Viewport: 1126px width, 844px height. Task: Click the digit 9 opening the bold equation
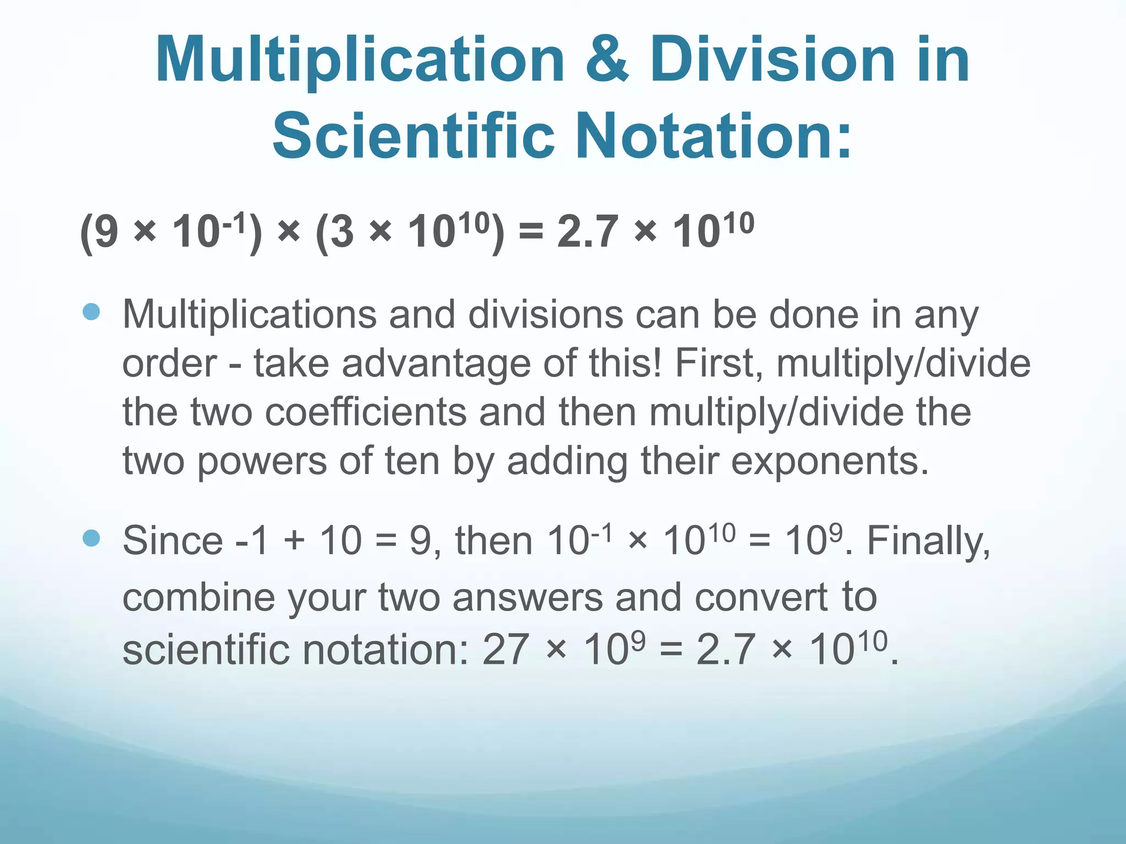coord(107,232)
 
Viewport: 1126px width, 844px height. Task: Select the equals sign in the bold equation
coord(530,232)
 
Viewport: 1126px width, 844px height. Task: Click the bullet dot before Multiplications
coord(91,312)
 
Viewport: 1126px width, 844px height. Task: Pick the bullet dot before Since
coord(91,538)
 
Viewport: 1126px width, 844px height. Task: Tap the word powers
coord(262,460)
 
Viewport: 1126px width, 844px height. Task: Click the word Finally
coord(929,541)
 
